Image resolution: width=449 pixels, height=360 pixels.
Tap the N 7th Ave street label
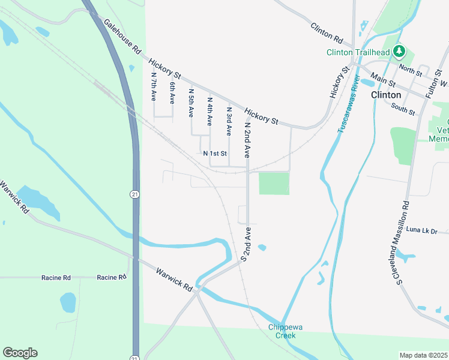[154, 86]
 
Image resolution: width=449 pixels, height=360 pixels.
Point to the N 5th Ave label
[191, 103]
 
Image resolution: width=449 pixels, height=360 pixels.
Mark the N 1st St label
[215, 154]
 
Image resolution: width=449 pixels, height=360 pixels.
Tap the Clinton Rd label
[327, 34]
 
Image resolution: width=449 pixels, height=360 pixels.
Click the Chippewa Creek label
[282, 331]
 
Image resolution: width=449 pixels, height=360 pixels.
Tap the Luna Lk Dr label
[422, 230]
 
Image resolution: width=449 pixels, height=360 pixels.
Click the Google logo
[20, 353]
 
